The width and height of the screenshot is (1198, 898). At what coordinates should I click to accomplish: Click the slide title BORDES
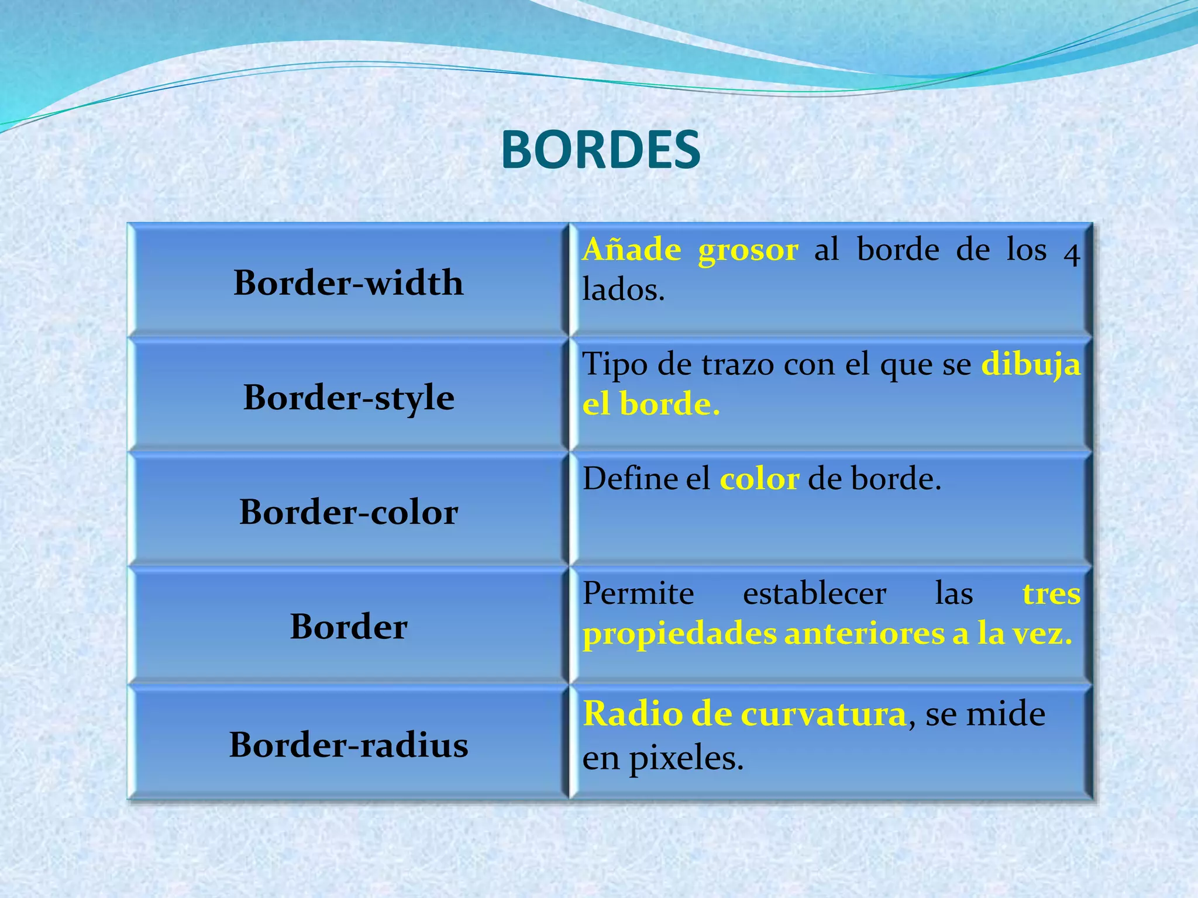[x=601, y=150]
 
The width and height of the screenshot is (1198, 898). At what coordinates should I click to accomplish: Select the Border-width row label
[x=349, y=283]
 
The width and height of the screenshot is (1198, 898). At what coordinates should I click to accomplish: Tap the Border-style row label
[x=349, y=398]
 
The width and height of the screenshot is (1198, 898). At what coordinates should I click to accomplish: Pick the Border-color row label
[x=349, y=512]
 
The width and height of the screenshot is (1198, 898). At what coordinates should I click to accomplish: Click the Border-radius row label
[x=349, y=745]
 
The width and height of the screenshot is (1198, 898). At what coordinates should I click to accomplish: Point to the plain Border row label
[x=349, y=627]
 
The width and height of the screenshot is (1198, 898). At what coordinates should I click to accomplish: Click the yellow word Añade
[x=632, y=250]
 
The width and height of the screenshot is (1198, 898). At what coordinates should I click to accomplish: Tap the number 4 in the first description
[x=1071, y=254]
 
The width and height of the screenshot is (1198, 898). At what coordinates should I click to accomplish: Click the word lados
[x=623, y=290]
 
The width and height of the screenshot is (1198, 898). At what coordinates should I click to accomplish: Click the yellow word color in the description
[x=759, y=479]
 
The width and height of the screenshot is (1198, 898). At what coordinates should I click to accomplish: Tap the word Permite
[x=638, y=594]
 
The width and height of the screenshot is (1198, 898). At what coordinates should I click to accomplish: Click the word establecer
[x=814, y=594]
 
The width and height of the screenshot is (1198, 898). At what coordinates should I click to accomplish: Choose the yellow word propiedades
[x=679, y=635]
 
